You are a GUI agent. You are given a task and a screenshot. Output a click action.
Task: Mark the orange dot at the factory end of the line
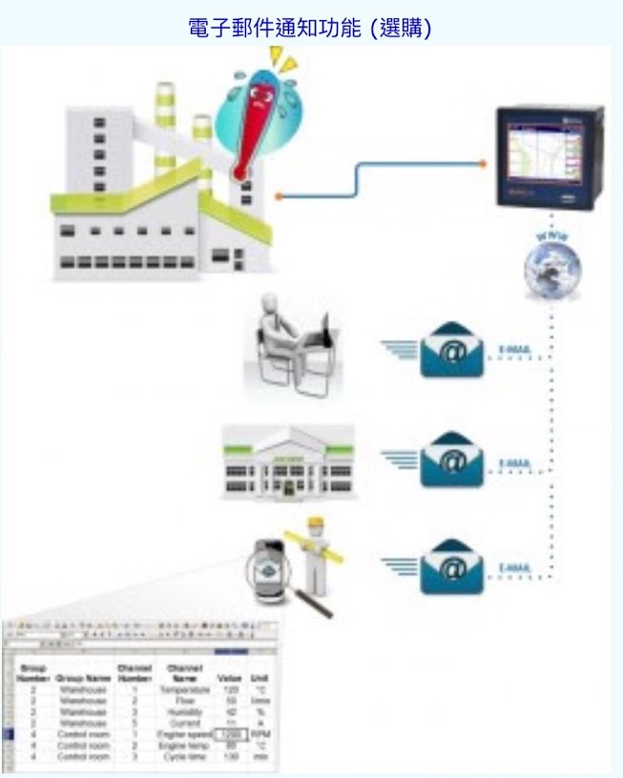277,197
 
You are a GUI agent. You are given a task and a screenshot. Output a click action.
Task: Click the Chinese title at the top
312,29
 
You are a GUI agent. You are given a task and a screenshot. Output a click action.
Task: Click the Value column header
228,678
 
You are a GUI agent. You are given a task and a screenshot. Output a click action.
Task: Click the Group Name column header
82,678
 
